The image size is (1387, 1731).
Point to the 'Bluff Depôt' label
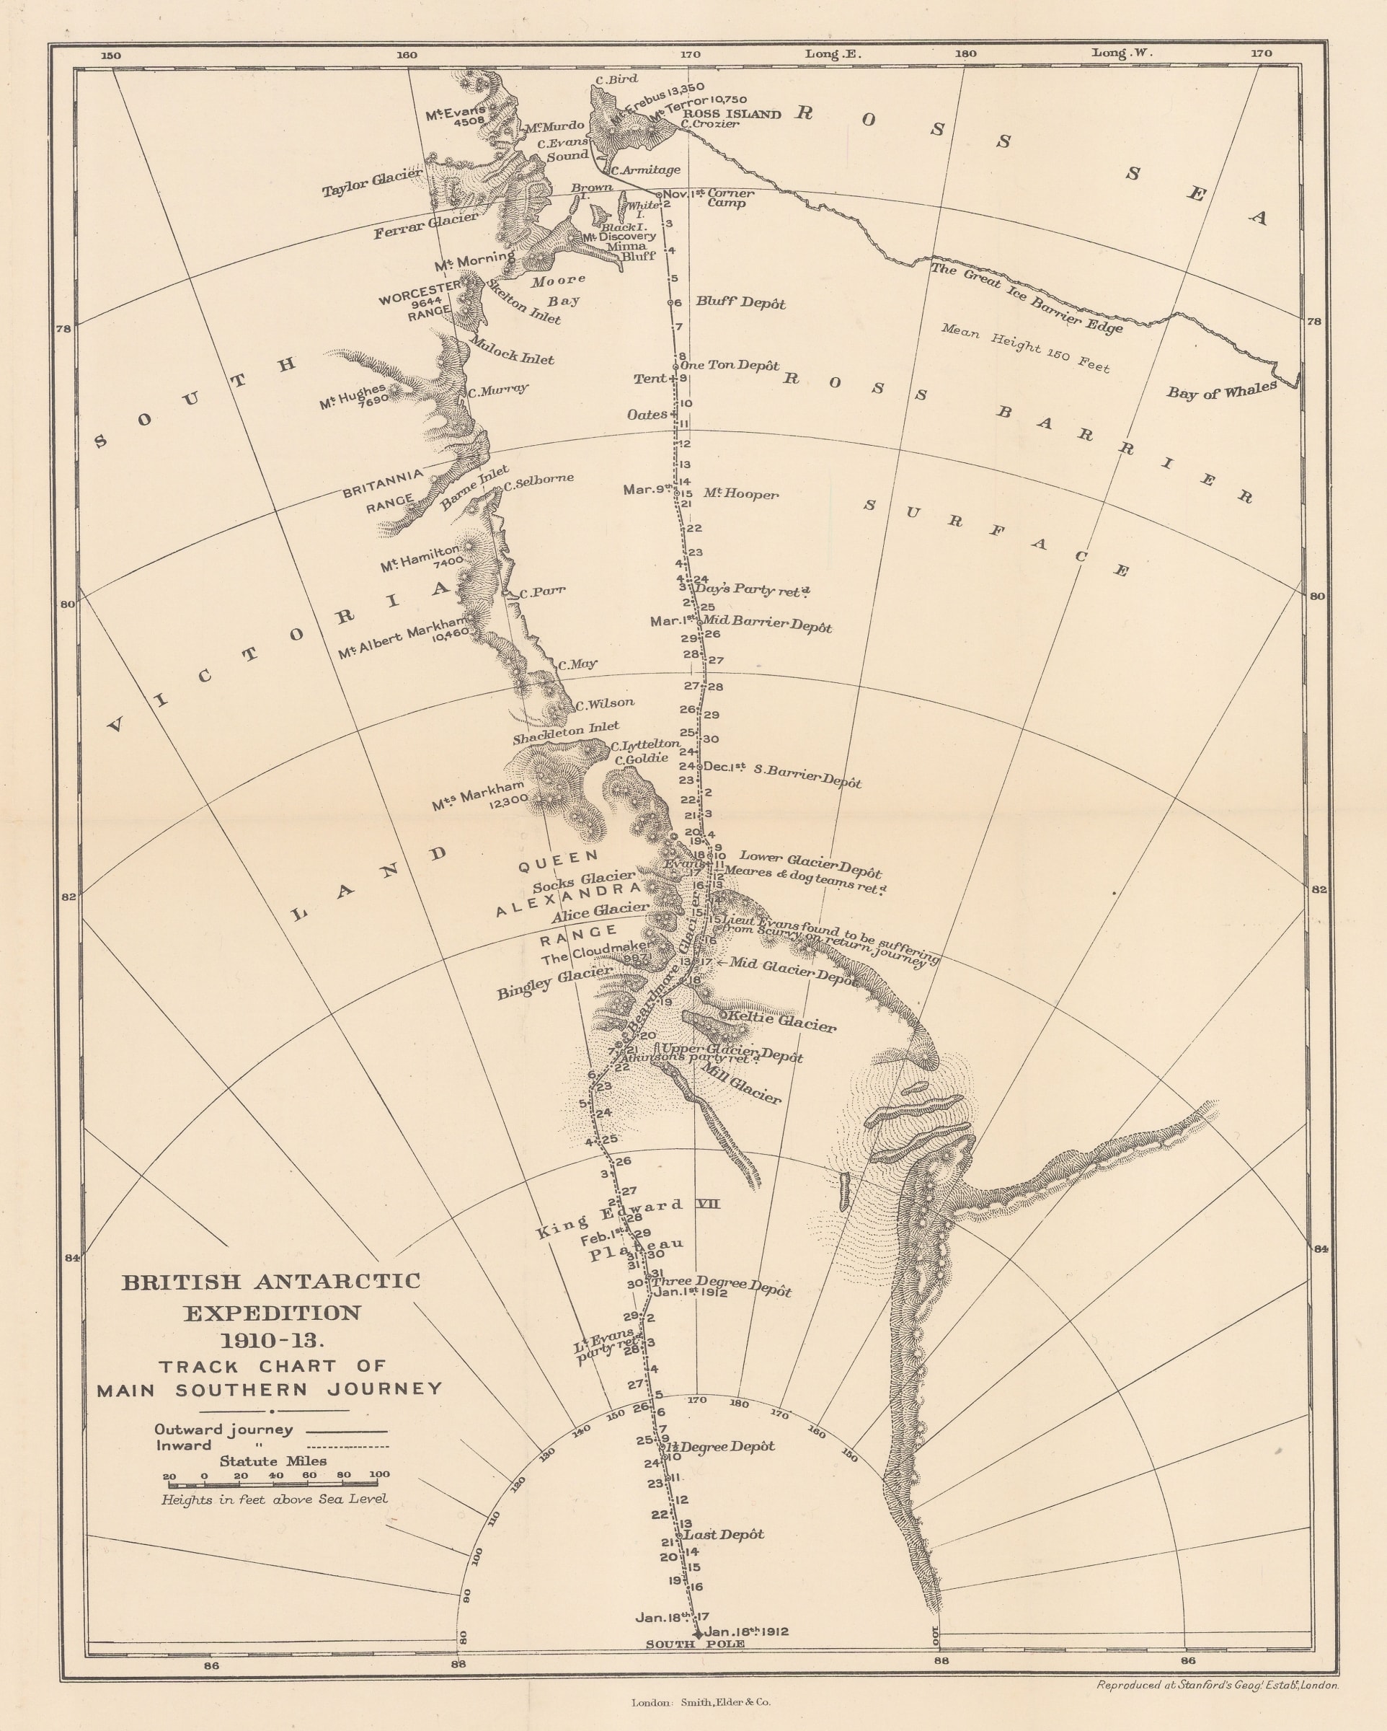(x=740, y=303)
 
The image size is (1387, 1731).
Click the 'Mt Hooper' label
(x=740, y=494)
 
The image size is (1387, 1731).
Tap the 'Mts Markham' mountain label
(x=479, y=793)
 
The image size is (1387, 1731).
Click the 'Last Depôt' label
(x=723, y=1534)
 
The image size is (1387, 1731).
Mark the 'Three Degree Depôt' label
(x=721, y=1285)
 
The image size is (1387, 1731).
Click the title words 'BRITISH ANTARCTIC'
(x=270, y=1282)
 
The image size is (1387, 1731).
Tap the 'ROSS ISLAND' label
(x=730, y=114)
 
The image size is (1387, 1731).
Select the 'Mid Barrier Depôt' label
(x=766, y=625)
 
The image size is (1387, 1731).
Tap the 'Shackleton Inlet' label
(x=566, y=732)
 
